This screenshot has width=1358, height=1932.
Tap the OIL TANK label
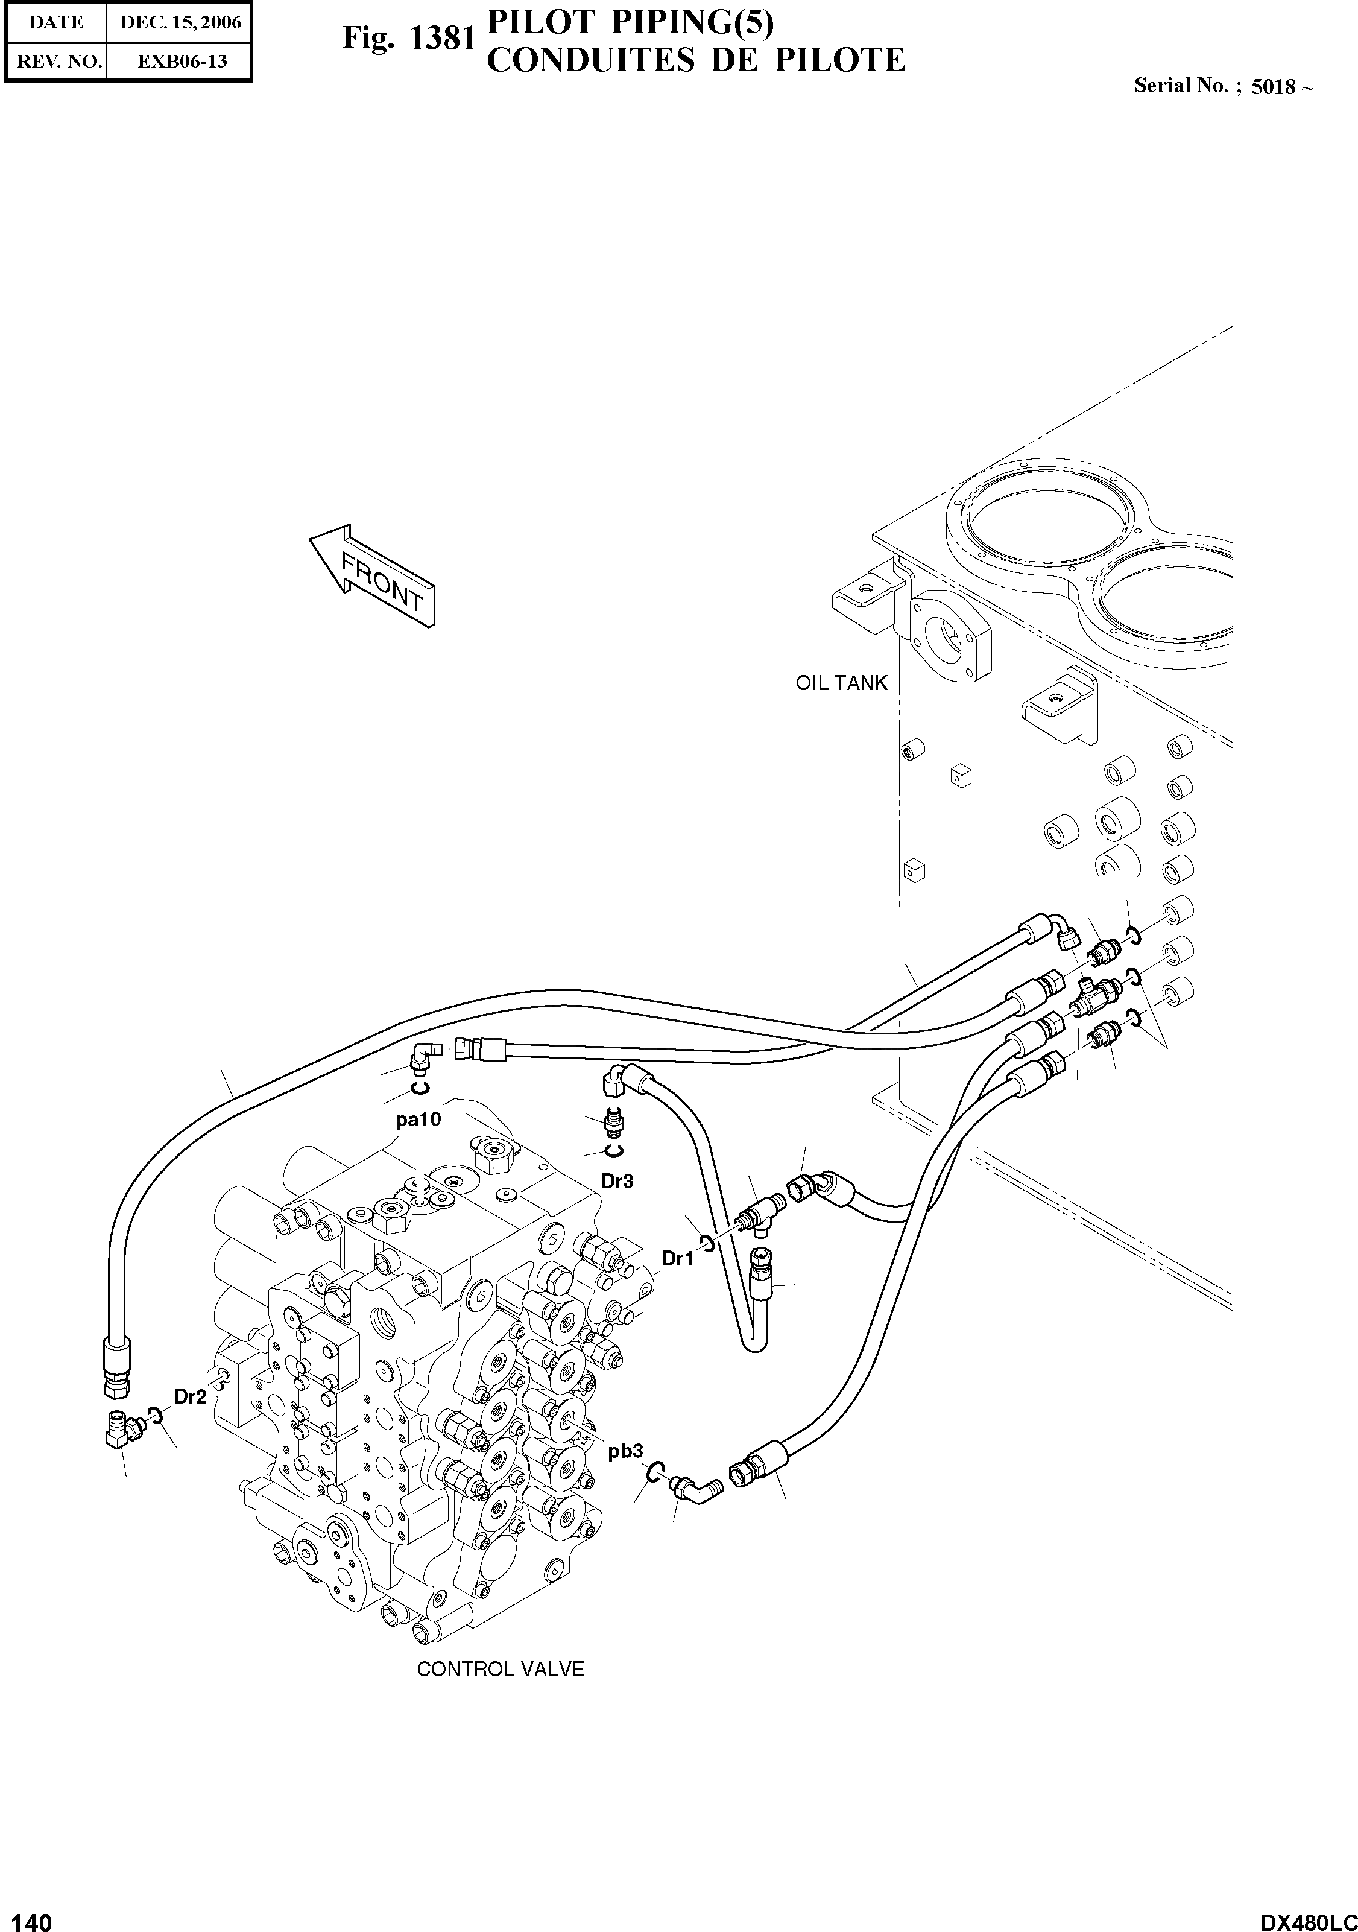[841, 682]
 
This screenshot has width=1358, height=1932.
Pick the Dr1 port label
[677, 1259]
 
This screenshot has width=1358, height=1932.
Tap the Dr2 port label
[189, 1397]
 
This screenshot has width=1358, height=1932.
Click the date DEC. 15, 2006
[180, 23]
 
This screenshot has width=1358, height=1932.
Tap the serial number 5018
[1273, 87]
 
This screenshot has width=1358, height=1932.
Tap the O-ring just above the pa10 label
[420, 1091]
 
